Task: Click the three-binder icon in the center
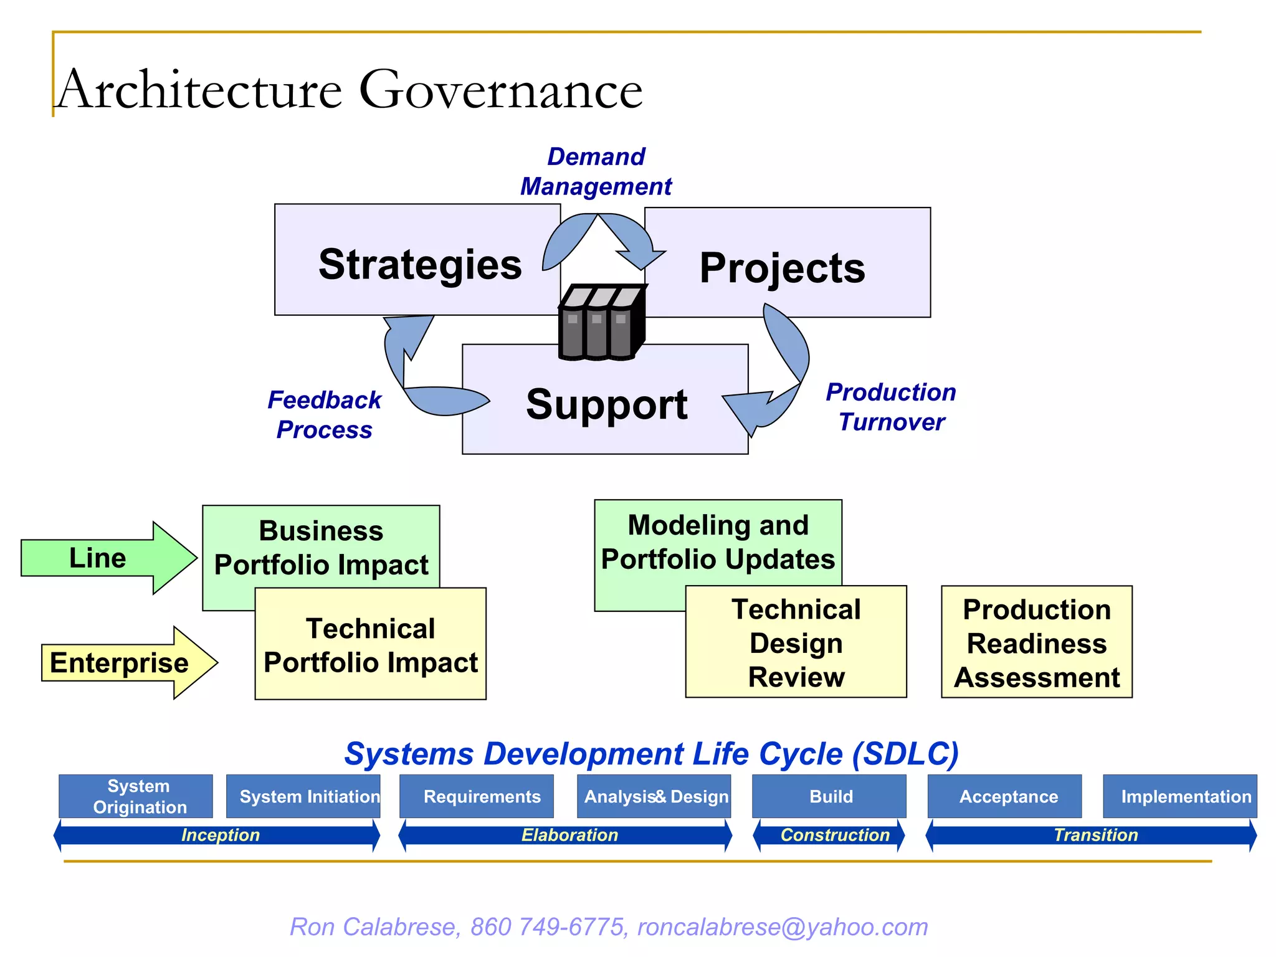pyautogui.click(x=601, y=323)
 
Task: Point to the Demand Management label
pyautogui.click(x=596, y=171)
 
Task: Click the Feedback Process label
pyautogui.click(x=324, y=414)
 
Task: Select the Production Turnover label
pyautogui.click(x=891, y=407)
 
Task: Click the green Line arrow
pyautogui.click(x=100, y=558)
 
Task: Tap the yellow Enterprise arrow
pyautogui.click(x=121, y=662)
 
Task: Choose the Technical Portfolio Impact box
pyautogui.click(x=371, y=645)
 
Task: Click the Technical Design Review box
pyautogui.click(x=796, y=643)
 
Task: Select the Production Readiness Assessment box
pyautogui.click(x=1037, y=643)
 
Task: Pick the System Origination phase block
pyautogui.click(x=136, y=796)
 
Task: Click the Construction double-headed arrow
pyautogui.click(x=829, y=836)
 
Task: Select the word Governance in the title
pyautogui.click(x=501, y=90)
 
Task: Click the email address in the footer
pyautogui.click(x=783, y=927)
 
